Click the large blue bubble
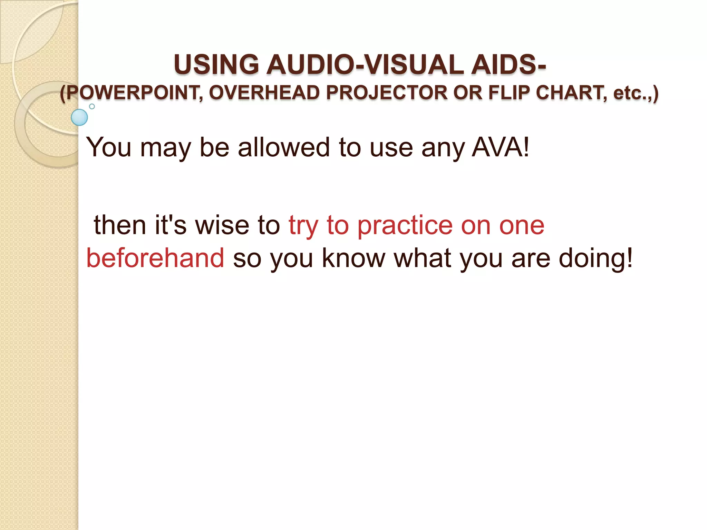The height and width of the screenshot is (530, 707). pos(79,117)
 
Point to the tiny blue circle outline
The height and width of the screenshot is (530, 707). pos(92,106)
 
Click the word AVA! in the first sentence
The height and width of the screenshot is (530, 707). pos(500,147)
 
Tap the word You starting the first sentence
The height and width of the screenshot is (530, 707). pos(109,147)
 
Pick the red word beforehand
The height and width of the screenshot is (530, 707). pos(155,258)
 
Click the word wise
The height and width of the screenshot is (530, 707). pos(222,225)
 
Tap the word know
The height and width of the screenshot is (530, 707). pos(353,258)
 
